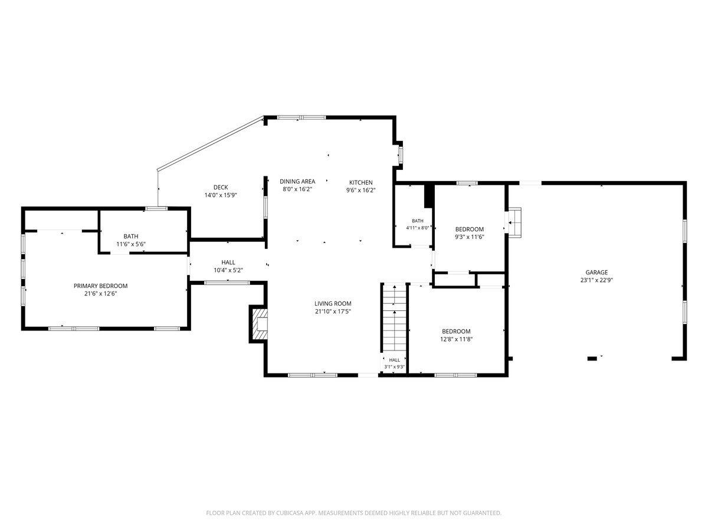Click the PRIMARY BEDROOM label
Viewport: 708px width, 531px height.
click(x=101, y=286)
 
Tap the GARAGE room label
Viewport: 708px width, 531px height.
click(x=596, y=273)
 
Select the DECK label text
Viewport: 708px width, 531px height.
click(x=221, y=187)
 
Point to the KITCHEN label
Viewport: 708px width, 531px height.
click(x=360, y=182)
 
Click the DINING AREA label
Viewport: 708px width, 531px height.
click(x=297, y=182)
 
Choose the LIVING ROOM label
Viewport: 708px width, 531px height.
click(x=333, y=303)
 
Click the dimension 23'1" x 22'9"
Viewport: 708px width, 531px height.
click(x=596, y=280)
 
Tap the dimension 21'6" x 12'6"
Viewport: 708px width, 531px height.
click(x=101, y=293)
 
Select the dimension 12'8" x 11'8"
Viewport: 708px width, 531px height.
click(x=456, y=339)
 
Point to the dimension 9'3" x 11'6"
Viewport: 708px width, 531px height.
click(x=469, y=237)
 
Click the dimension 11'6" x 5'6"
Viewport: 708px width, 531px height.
click(x=131, y=244)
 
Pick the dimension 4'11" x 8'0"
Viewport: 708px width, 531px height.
click(x=417, y=228)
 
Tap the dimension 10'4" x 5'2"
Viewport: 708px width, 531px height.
click(x=228, y=270)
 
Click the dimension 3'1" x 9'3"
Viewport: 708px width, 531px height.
click(x=394, y=366)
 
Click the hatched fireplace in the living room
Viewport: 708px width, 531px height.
click(x=260, y=324)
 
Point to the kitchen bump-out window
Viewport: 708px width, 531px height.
click(x=400, y=155)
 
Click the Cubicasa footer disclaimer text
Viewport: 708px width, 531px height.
click(x=353, y=513)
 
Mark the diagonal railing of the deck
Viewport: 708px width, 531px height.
click(x=210, y=144)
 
